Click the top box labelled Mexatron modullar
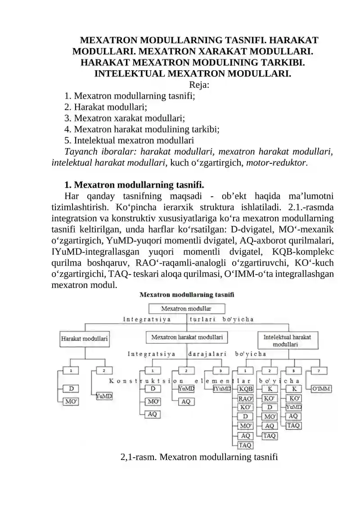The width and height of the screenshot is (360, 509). pyautogui.click(x=186, y=309)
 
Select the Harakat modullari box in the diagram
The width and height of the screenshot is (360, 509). pyautogui.click(x=84, y=339)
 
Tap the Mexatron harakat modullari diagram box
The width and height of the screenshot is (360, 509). pyautogui.click(x=186, y=337)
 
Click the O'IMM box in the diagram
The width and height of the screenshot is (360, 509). pyautogui.click(x=321, y=388)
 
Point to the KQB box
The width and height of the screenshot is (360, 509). pyautogui.click(x=246, y=388)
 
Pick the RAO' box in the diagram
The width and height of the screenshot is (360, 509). pyautogui.click(x=246, y=398)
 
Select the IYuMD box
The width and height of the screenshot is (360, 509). pyautogui.click(x=222, y=388)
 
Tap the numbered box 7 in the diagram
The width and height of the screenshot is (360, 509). pyautogui.click(x=319, y=371)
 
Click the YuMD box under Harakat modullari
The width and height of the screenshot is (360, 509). pyautogui.click(x=104, y=396)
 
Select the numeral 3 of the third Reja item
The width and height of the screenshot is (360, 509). pyautogui.click(x=67, y=118)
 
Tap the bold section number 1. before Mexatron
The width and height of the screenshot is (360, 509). pyautogui.click(x=68, y=185)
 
